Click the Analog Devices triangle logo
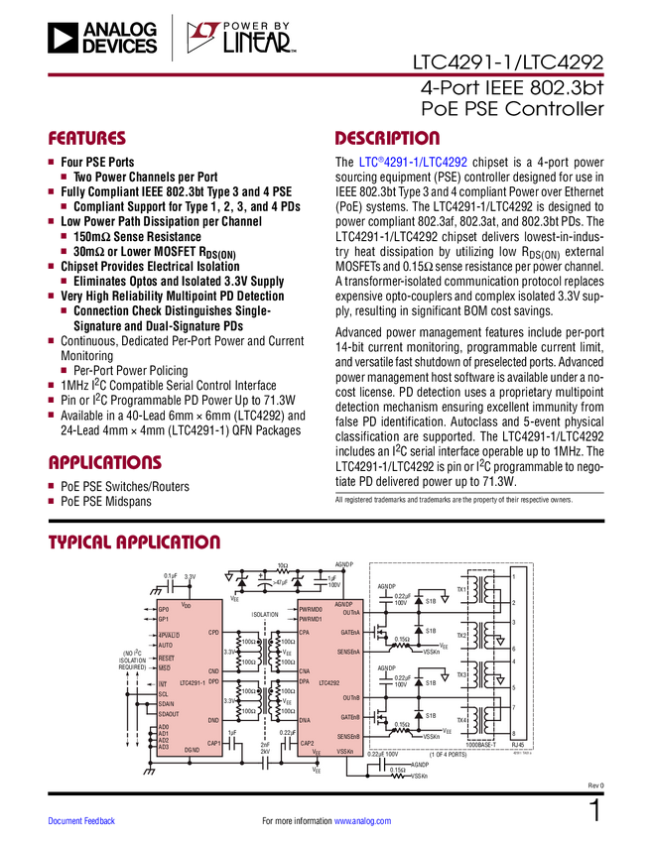(x=62, y=38)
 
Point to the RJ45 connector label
(x=517, y=744)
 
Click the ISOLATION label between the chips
(x=265, y=614)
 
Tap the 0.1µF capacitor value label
(x=170, y=575)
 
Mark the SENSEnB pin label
(x=348, y=736)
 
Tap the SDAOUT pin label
(x=169, y=713)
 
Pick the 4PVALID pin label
(x=169, y=635)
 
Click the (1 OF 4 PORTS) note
(x=450, y=755)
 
